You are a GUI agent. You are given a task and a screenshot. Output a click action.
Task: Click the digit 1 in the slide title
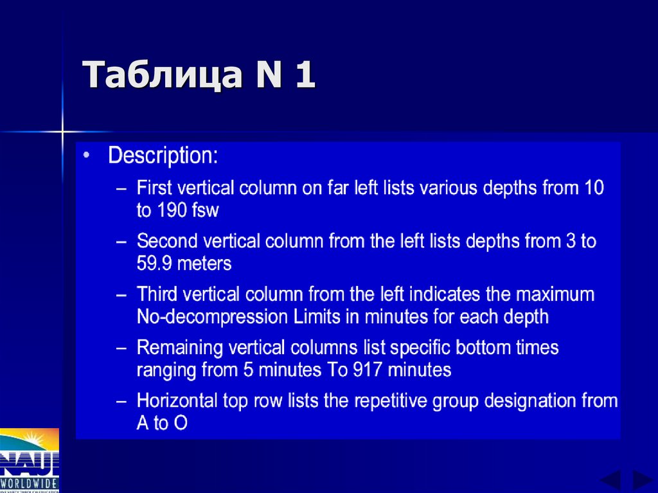[x=305, y=75]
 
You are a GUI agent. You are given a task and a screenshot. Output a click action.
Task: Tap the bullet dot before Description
[x=87, y=156]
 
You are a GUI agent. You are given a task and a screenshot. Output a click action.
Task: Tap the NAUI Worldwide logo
[x=29, y=461]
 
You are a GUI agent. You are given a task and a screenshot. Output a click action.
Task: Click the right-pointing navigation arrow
[x=642, y=480]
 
